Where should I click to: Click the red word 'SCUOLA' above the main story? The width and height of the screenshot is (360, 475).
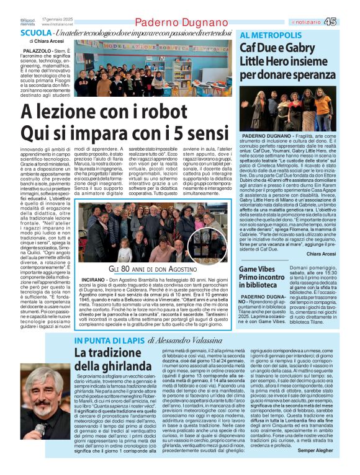click(x=35, y=32)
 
